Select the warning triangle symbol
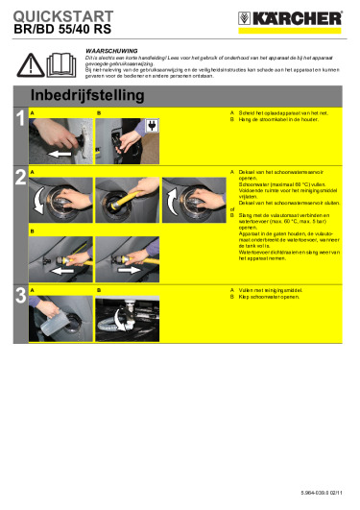pyautogui.click(x=34, y=64)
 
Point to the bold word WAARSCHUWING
pyautogui.click(x=111, y=47)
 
